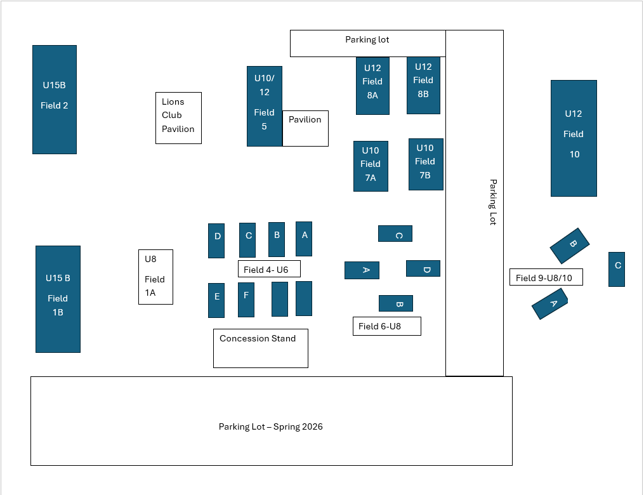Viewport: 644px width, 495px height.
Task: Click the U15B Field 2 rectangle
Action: click(x=55, y=100)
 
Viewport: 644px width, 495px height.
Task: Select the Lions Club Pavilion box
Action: click(x=178, y=118)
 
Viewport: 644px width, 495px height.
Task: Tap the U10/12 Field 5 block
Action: click(x=264, y=106)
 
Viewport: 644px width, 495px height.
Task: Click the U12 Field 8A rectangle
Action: click(x=372, y=86)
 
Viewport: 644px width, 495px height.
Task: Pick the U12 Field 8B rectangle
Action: click(x=423, y=85)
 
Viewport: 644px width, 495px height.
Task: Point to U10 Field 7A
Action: click(x=371, y=166)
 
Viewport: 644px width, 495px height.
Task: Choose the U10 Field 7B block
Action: click(x=426, y=164)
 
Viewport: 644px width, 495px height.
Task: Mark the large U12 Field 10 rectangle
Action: click(x=574, y=138)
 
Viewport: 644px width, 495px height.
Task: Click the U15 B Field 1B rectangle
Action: click(x=58, y=299)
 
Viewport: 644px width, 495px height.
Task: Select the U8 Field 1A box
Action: click(x=155, y=277)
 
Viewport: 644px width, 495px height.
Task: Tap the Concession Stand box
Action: click(x=260, y=348)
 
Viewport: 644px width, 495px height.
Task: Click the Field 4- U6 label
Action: click(x=268, y=269)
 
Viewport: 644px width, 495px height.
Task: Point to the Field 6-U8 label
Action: click(x=386, y=326)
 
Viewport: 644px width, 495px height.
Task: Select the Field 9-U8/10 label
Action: click(x=546, y=277)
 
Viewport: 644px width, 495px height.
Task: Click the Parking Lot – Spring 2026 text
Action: click(x=271, y=426)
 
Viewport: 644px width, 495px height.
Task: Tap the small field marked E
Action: click(x=216, y=300)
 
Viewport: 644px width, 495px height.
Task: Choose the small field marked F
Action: click(x=246, y=300)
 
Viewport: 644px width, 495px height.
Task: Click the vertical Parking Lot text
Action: click(x=492, y=202)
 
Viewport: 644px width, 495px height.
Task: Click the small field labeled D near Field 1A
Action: click(x=216, y=241)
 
